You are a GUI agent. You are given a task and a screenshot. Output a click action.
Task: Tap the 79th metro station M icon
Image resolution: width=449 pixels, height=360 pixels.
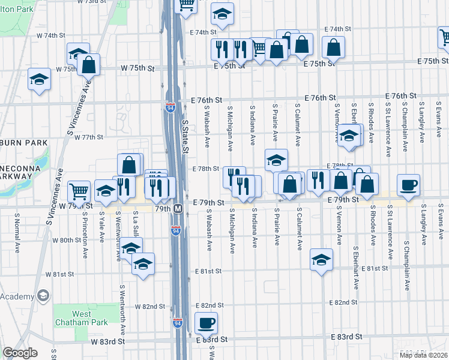(178, 209)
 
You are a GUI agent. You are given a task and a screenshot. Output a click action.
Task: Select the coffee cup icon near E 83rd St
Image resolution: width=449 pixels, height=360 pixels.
(206, 322)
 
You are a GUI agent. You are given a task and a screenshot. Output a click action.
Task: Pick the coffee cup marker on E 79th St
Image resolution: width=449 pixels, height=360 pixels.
(409, 184)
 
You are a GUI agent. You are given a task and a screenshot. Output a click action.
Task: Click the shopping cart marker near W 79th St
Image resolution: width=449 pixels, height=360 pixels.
(79, 191)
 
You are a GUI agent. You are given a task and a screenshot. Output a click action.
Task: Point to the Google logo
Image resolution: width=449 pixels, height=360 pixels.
(20, 353)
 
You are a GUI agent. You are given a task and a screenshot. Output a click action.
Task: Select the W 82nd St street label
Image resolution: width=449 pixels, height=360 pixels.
(150, 307)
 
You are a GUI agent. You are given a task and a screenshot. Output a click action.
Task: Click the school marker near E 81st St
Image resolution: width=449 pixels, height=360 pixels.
(321, 260)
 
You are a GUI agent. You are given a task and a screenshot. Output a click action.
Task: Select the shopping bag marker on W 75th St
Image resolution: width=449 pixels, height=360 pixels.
(88, 64)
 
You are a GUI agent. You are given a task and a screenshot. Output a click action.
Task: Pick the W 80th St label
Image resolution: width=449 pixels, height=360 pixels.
(67, 240)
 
